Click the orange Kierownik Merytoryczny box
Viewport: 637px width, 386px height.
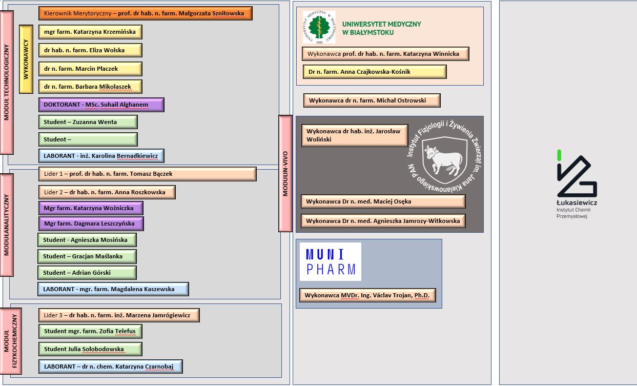coord(146,13)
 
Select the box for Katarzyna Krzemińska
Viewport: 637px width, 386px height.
coord(90,32)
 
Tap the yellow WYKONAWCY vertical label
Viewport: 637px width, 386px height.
coord(26,59)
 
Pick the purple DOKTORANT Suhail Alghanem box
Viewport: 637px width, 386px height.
coord(101,105)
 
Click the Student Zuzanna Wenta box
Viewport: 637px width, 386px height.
coord(88,122)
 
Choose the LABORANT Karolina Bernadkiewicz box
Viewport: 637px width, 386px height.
coord(101,156)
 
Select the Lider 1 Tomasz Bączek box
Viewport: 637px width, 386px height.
coord(147,174)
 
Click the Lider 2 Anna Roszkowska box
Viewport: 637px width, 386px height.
coord(107,192)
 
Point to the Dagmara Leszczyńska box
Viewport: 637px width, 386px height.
coord(91,224)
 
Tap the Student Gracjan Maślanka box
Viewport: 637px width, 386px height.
coord(87,256)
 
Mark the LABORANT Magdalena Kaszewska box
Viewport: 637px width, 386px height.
coord(113,289)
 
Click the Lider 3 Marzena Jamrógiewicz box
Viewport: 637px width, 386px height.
coord(119,315)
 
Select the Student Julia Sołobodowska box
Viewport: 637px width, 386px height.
coord(90,349)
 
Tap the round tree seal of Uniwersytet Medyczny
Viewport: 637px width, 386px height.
coord(319,27)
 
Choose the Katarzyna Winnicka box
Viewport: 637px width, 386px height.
coord(385,54)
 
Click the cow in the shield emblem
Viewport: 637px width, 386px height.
coord(444,160)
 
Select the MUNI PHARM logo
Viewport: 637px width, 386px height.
coord(331,262)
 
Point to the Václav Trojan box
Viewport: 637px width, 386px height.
coord(367,296)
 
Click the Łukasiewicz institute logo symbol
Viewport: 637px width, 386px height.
coord(576,176)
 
